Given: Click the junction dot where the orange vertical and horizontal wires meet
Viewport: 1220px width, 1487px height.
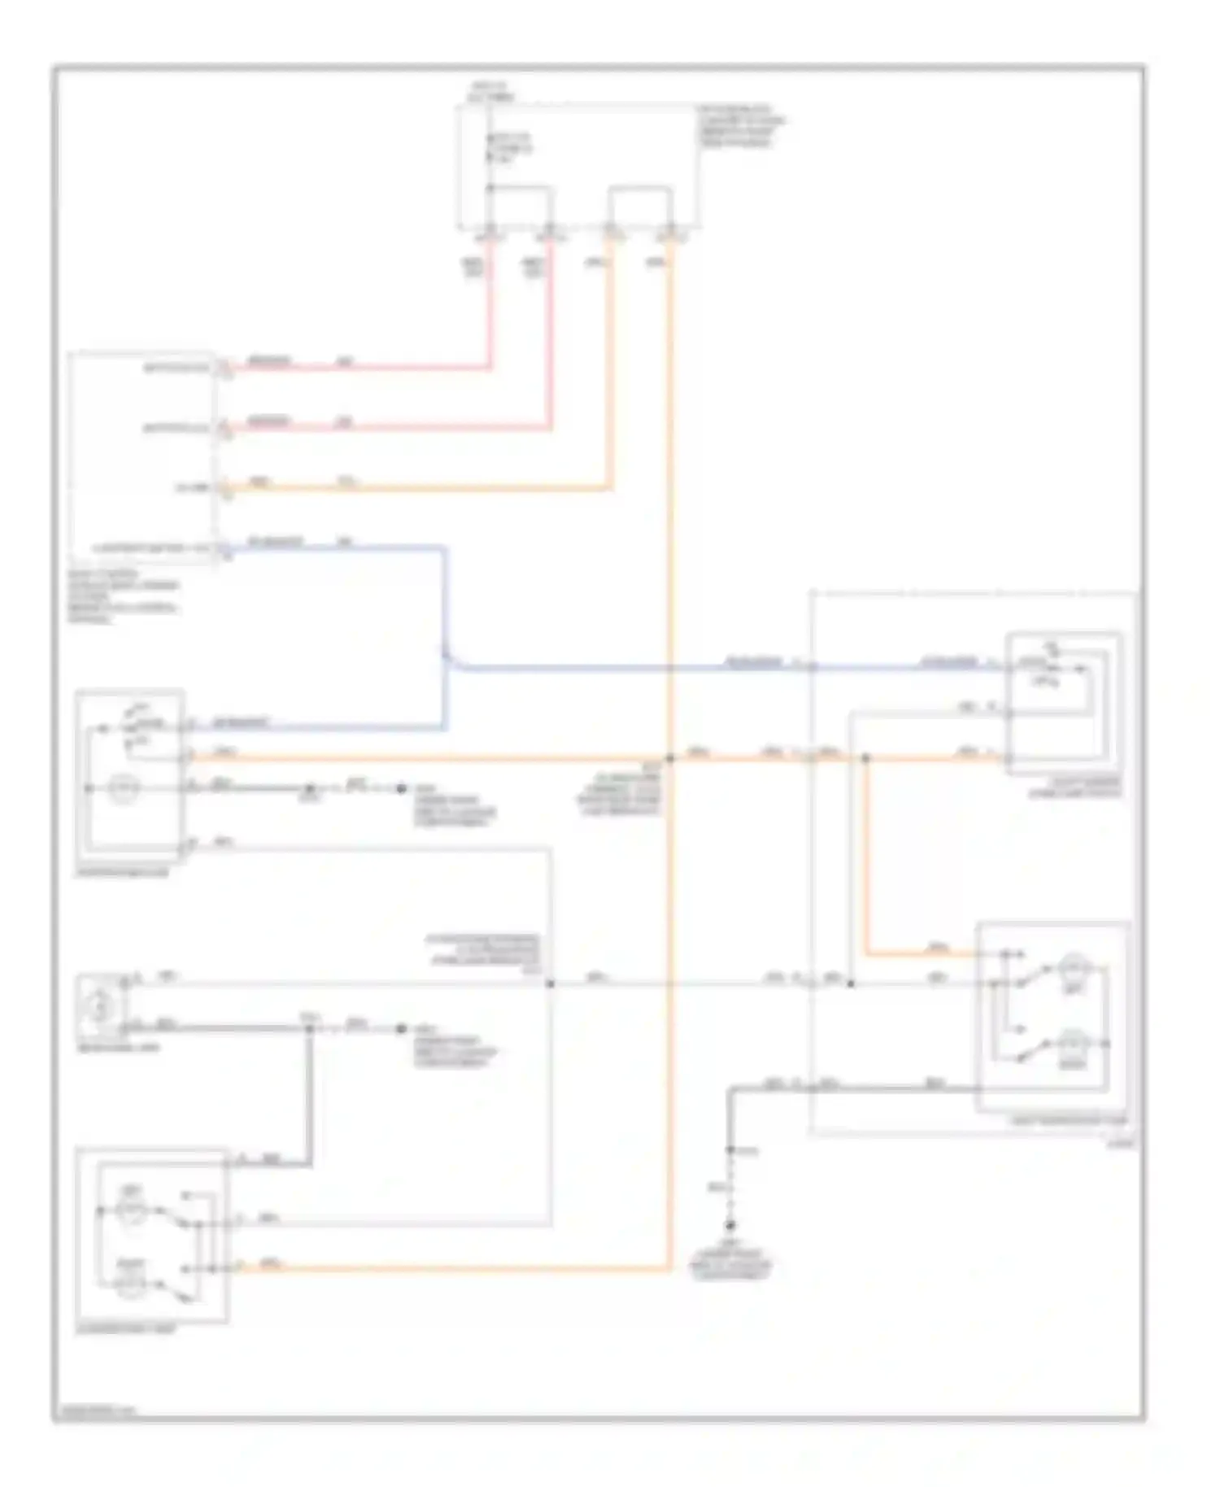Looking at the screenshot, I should [671, 758].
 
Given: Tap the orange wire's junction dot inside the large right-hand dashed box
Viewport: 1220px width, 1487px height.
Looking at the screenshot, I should [865, 758].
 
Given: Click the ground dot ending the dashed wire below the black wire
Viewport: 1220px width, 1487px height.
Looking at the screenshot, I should [730, 1226].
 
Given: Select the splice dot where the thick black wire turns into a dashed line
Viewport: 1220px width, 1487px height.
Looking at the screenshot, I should [730, 1149].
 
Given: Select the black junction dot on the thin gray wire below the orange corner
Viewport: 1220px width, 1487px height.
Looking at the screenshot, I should [851, 984].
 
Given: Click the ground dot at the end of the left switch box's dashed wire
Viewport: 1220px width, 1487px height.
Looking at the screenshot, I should [400, 788].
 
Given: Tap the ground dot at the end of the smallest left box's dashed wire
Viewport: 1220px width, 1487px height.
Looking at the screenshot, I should [400, 1029].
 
